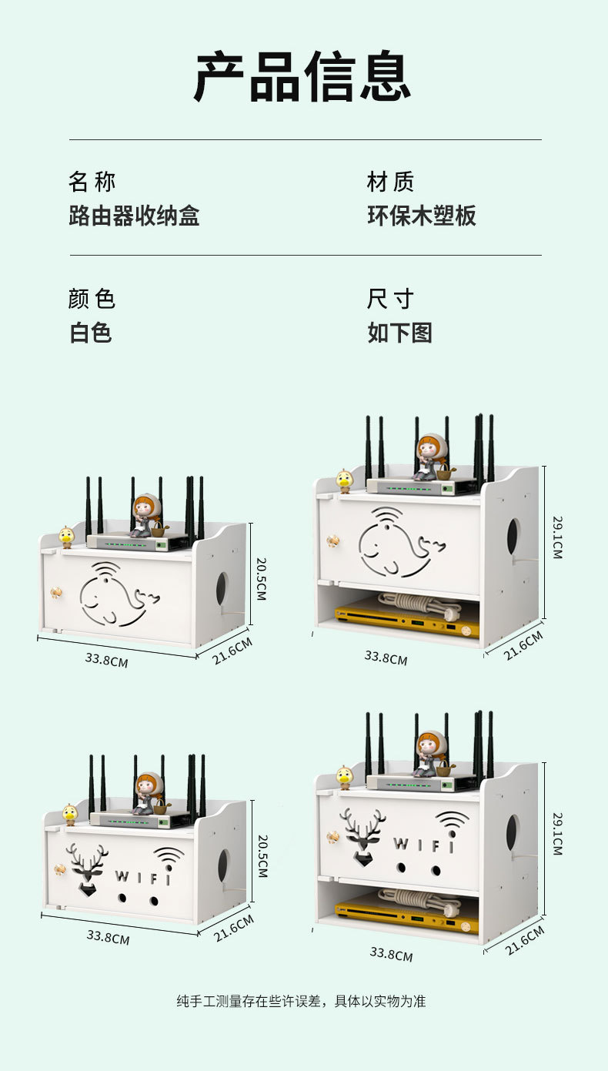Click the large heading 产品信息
coord(302,77)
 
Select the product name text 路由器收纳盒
coord(134,216)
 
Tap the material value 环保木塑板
coord(422,216)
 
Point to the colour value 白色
coord(91,333)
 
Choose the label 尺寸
coord(390,299)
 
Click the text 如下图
coord(399,333)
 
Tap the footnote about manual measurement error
coord(301,1002)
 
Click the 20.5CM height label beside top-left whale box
coord(261,579)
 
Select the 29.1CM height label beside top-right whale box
coord(557,537)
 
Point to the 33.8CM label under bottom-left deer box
coord(108,937)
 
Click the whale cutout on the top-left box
coord(115,594)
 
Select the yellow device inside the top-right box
coord(406,622)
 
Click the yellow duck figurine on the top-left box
coord(67,537)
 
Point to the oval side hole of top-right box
coord(513,537)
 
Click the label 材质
coord(390,182)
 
